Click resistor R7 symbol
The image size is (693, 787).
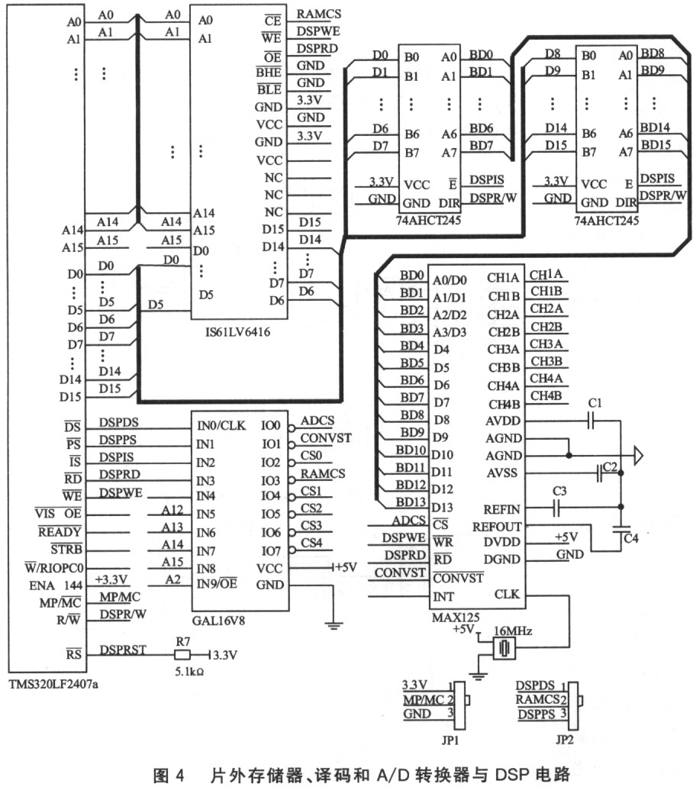click(x=182, y=655)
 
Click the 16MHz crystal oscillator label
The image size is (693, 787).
click(x=514, y=631)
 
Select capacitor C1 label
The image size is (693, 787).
click(x=596, y=403)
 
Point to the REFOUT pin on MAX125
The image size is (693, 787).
click(x=497, y=526)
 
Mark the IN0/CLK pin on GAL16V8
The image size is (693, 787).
click(x=221, y=426)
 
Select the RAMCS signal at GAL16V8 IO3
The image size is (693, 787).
click(x=323, y=474)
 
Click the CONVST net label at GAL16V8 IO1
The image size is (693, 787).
click(x=326, y=438)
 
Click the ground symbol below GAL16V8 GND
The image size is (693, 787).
click(x=333, y=624)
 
